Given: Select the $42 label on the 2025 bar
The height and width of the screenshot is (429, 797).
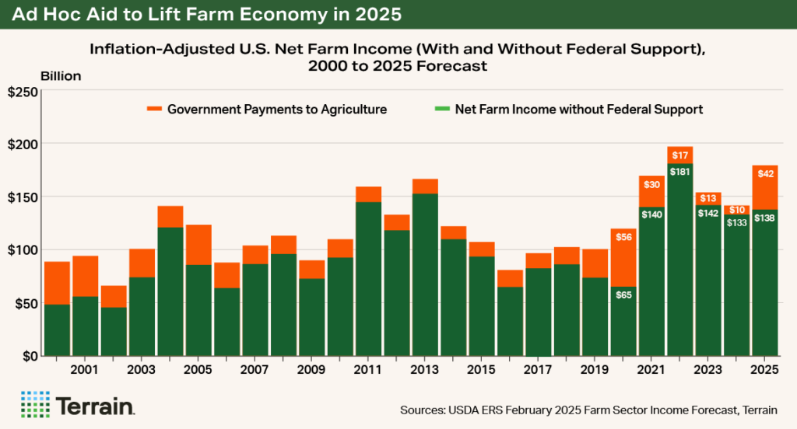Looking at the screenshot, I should (x=765, y=174).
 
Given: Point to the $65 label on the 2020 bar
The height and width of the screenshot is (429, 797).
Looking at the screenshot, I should (x=624, y=295).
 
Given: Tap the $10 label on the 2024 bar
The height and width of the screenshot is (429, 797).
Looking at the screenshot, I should (x=737, y=210).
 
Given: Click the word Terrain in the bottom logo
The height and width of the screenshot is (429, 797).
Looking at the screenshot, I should (x=96, y=406).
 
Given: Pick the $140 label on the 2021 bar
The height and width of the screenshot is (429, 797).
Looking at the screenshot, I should (x=652, y=214).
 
